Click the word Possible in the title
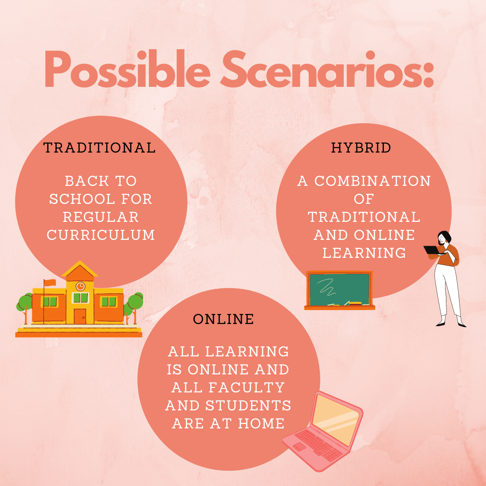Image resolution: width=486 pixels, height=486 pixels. point(127,69)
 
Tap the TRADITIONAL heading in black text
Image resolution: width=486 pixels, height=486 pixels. point(99,148)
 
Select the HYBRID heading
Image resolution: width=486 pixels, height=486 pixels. point(361,148)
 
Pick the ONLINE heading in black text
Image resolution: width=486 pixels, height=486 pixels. point(224,319)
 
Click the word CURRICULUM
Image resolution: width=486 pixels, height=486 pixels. point(101,235)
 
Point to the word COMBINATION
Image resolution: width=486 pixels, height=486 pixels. point(373,181)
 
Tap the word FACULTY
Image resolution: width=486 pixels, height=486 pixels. point(247,387)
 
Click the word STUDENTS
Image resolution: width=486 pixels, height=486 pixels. point(248,405)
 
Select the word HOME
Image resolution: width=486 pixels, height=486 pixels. point(261,423)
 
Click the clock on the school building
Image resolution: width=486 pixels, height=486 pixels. point(80,286)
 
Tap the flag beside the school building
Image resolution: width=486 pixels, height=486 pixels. point(50,283)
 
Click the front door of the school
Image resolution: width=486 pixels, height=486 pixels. point(80,316)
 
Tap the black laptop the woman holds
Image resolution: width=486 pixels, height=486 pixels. point(432,250)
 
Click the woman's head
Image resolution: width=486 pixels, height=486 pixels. point(444,238)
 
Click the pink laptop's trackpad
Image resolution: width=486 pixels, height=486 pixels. point(299,447)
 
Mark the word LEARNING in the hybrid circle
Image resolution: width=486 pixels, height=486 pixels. point(364,253)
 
